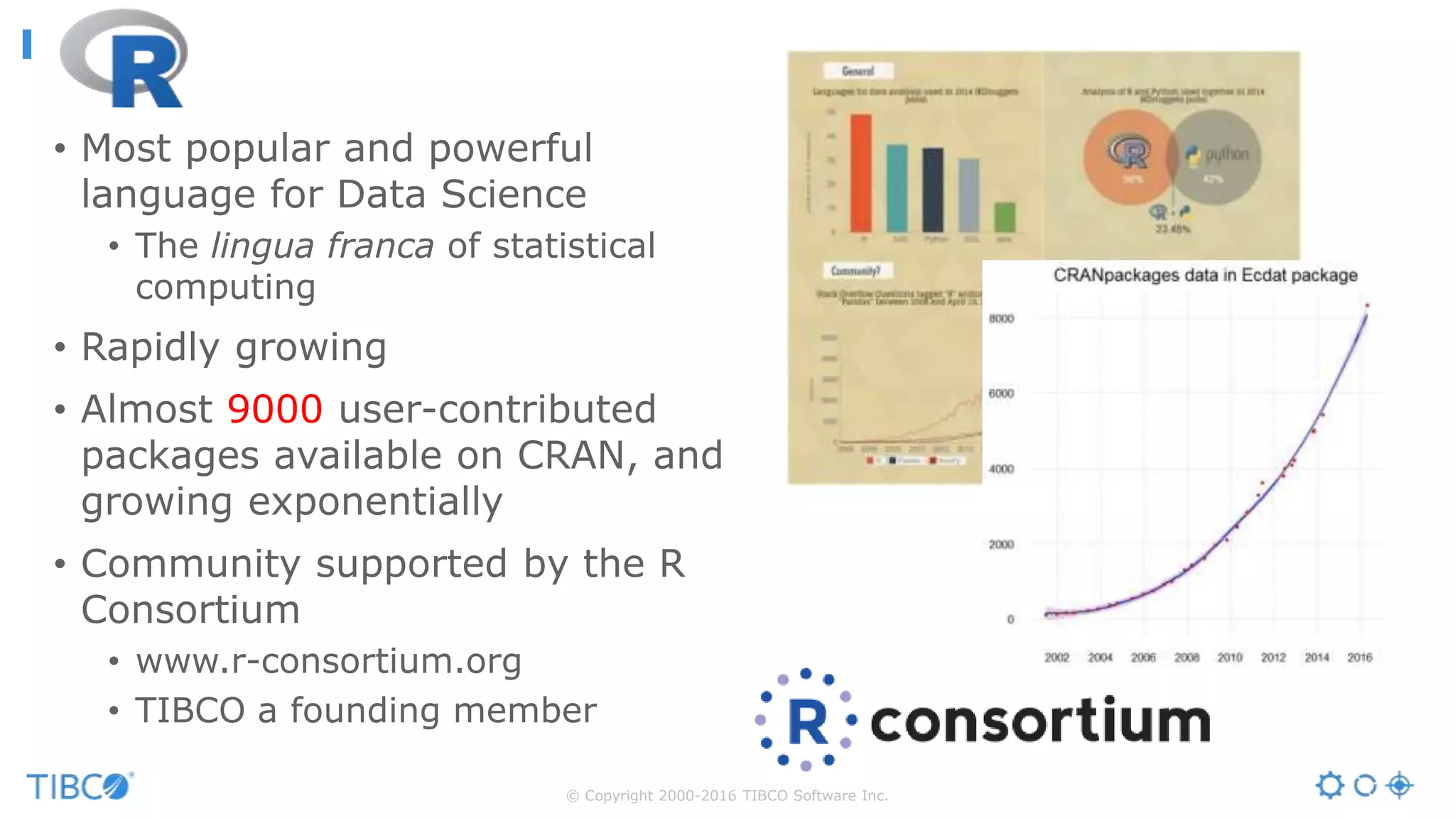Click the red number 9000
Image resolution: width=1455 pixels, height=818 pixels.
point(274,410)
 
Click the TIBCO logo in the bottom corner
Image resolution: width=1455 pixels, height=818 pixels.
point(79,786)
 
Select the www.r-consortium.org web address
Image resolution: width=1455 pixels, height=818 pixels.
point(328,662)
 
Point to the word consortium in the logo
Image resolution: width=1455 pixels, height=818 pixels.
point(1039,721)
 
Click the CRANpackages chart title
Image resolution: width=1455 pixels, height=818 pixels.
point(1205,276)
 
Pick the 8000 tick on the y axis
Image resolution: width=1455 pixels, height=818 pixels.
point(1001,319)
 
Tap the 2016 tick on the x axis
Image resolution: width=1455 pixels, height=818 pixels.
point(1359,658)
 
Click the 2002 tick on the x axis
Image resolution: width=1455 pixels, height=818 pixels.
point(1056,658)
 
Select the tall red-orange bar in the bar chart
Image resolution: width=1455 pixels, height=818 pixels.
point(861,173)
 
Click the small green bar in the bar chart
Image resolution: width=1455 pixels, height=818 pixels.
point(1004,217)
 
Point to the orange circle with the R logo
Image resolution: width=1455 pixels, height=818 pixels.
point(1126,158)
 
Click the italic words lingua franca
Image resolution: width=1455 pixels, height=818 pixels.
point(322,246)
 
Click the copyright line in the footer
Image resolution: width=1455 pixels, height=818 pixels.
point(727,796)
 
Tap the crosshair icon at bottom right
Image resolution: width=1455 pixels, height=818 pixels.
point(1400,785)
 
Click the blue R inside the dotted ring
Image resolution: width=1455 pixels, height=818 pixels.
point(808,722)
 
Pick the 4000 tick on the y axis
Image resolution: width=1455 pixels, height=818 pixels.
point(1001,469)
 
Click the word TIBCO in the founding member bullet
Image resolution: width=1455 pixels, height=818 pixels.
point(190,711)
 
